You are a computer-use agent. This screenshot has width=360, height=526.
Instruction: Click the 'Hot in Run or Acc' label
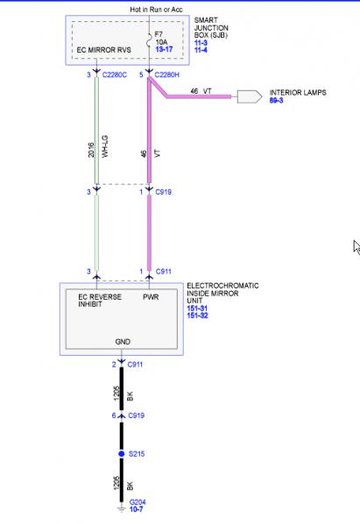tap(156, 10)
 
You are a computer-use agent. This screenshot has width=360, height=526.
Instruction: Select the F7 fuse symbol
tap(149, 42)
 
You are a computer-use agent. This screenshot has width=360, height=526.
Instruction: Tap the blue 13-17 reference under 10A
tap(164, 49)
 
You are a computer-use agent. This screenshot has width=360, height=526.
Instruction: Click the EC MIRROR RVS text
tap(103, 50)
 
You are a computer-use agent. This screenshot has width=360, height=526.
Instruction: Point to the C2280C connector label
tap(114, 75)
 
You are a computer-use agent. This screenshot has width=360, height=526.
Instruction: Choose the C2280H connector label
tap(167, 75)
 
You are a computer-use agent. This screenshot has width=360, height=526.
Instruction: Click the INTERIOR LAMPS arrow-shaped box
tap(250, 96)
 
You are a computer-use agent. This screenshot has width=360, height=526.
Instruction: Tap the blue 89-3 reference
tap(276, 100)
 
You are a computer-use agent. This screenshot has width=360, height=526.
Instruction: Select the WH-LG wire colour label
tap(105, 146)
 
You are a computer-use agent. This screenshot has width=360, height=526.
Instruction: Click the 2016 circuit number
tap(91, 150)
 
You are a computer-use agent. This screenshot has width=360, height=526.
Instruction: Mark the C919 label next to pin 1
tap(163, 192)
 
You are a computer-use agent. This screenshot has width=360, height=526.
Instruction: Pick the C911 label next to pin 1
tap(163, 272)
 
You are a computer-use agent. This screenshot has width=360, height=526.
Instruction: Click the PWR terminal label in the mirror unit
tap(151, 297)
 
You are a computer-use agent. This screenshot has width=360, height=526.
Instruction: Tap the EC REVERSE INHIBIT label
tap(100, 301)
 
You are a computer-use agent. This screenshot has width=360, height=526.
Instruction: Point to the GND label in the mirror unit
tap(123, 342)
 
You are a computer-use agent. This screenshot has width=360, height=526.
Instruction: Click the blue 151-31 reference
tap(197, 309)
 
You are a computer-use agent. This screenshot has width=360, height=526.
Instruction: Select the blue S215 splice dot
tap(122, 454)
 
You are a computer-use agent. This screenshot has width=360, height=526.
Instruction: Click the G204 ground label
tap(138, 502)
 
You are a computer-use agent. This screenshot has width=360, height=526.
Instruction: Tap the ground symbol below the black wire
tap(121, 509)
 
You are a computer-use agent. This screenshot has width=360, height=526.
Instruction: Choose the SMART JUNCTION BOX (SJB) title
tap(211, 27)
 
